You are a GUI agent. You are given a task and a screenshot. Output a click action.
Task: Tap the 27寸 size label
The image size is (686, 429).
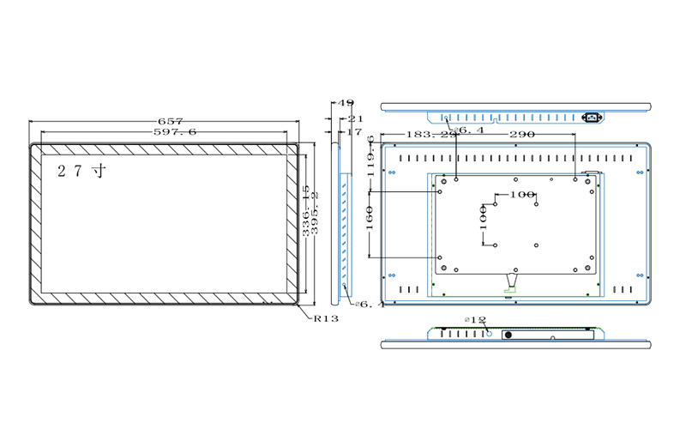click(81, 171)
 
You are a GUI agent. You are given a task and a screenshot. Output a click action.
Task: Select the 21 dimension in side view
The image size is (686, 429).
click(355, 118)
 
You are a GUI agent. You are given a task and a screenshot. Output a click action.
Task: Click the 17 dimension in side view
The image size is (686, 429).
click(353, 132)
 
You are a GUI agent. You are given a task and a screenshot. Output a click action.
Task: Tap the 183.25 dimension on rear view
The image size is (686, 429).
click(430, 135)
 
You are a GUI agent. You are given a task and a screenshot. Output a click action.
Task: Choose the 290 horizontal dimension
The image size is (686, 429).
click(522, 135)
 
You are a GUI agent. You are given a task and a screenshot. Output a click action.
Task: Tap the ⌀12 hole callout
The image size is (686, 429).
click(475, 320)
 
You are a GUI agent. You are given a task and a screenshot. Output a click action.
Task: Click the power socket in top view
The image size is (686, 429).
click(592, 117)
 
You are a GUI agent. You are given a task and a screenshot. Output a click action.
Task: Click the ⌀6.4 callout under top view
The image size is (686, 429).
click(468, 130)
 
